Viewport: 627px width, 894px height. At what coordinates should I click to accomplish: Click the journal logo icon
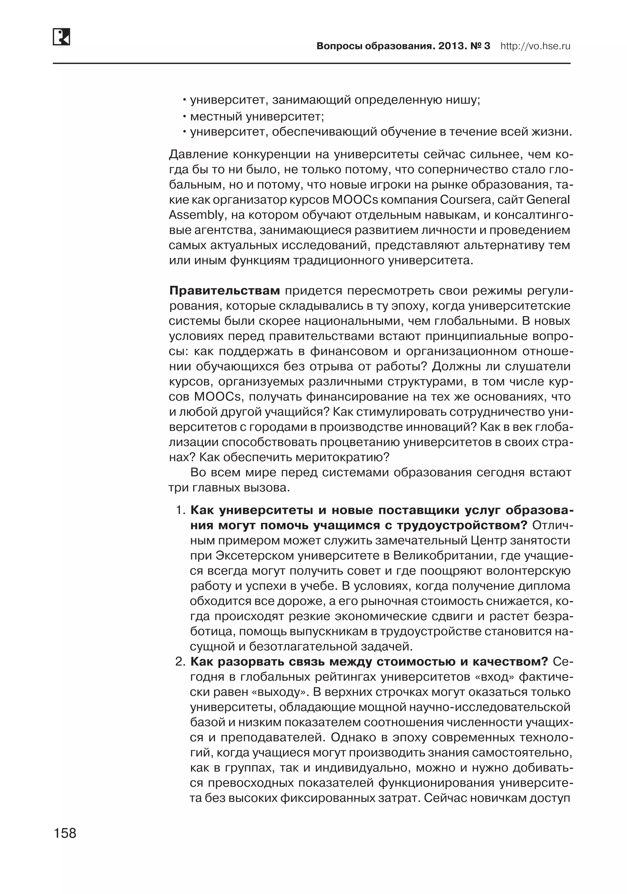pos(61,37)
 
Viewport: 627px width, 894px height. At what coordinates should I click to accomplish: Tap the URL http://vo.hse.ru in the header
pos(535,46)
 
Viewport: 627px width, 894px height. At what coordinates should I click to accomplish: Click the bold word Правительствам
pos(224,290)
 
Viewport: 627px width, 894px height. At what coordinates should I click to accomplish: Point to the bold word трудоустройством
pos(462,525)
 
